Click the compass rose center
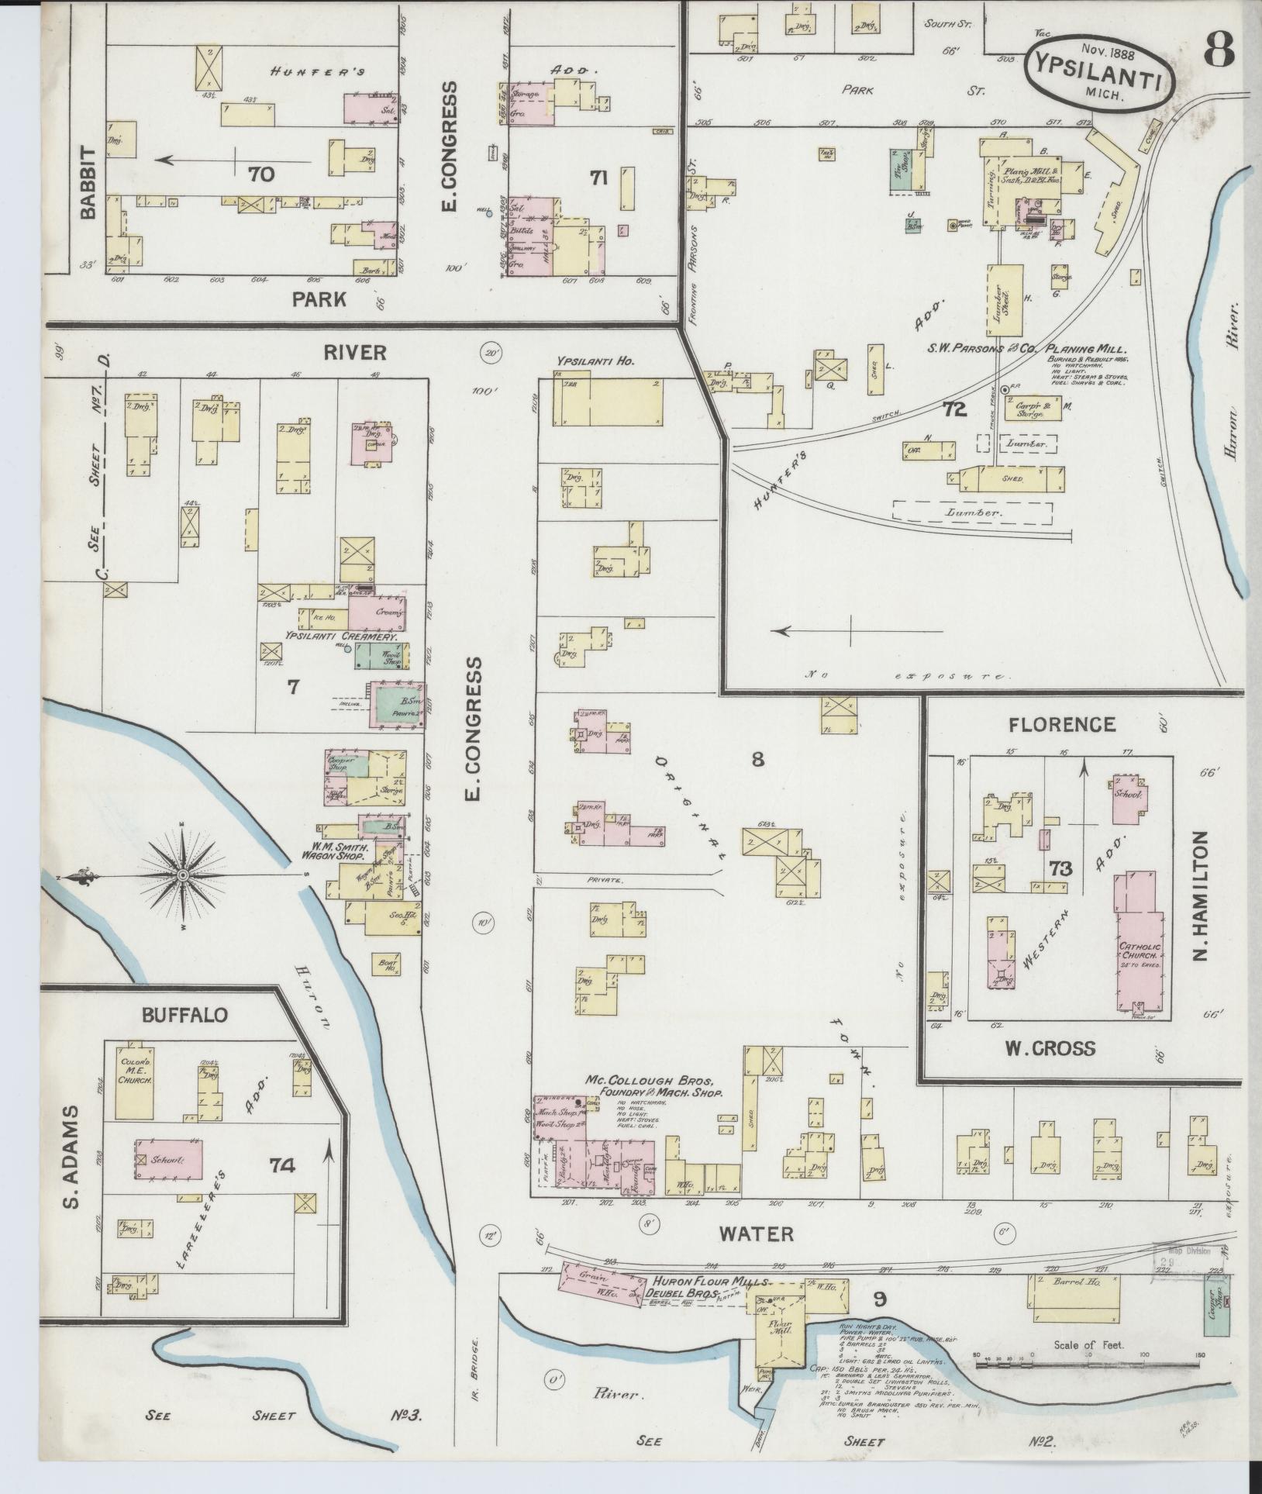pos(182,875)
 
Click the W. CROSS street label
pos(1050,1048)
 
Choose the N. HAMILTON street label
pos(1201,895)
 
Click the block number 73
pos(1060,869)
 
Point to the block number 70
pos(261,174)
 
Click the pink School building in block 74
pos(169,1160)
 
